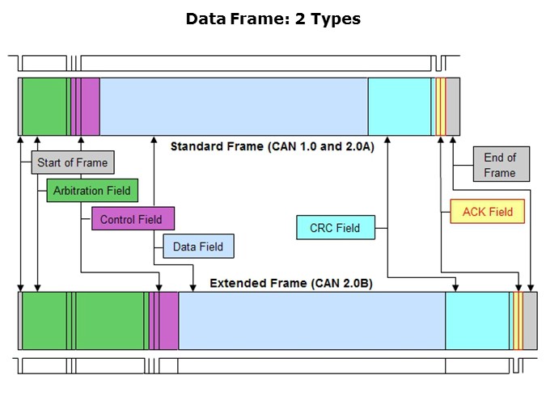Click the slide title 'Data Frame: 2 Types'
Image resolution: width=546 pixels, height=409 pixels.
273,19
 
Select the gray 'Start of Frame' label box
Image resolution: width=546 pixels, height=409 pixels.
72,162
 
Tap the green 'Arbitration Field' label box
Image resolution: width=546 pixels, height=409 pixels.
91,191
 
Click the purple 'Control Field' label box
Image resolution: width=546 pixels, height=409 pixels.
131,219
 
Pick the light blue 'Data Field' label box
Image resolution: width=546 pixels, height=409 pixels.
198,247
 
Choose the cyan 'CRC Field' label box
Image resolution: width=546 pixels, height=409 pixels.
335,228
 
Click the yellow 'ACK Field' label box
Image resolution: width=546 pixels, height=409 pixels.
487,212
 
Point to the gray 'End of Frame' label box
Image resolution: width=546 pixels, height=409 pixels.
500,165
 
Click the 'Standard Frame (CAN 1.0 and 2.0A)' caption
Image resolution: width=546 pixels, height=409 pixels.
272,146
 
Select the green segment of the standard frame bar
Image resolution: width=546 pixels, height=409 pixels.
44,107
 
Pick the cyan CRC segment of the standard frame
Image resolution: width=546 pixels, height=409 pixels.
399,107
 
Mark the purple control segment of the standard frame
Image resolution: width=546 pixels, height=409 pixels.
89,107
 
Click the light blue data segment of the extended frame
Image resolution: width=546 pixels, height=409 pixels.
311,321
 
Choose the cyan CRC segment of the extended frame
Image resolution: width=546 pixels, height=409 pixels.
477,321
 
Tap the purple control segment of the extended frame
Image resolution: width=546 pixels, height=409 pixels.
167,321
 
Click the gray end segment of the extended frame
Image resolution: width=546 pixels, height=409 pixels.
531,321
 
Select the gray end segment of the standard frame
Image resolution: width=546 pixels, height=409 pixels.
453,107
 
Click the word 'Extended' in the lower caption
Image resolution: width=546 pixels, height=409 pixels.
235,283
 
